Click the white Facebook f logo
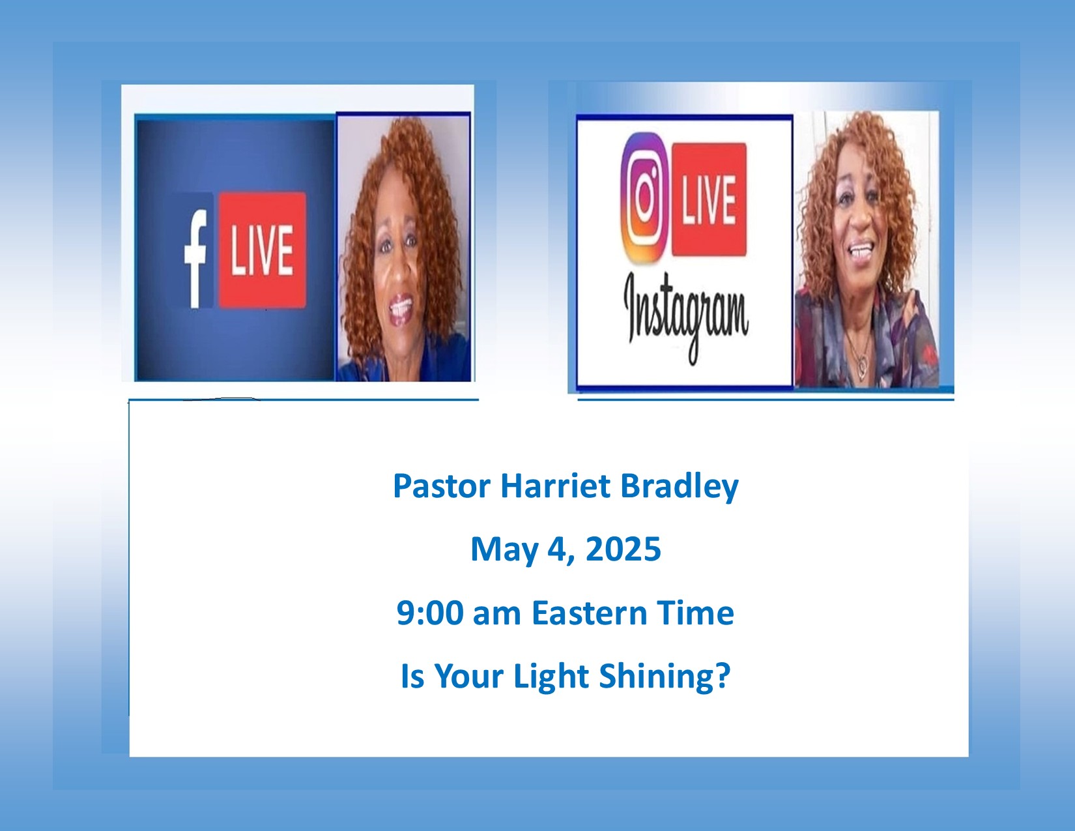tap(195, 258)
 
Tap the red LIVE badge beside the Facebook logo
tap(262, 250)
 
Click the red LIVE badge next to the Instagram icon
tap(709, 199)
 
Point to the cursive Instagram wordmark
tap(686, 317)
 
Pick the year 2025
tap(623, 549)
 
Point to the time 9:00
tap(431, 613)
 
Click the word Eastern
tap(589, 613)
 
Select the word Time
tap(696, 613)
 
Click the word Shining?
tap(665, 677)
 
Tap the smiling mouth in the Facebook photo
tap(401, 310)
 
